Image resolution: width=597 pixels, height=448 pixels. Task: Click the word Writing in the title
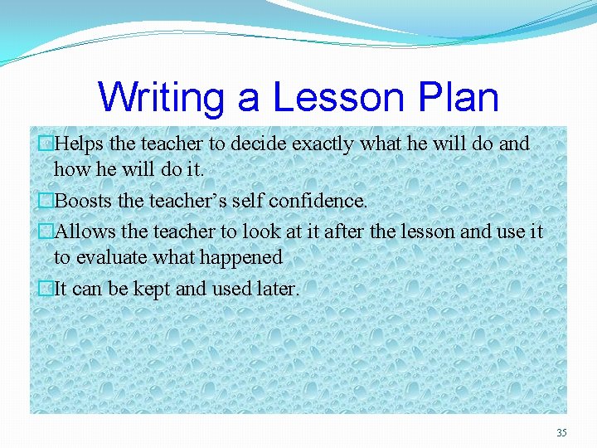(x=161, y=97)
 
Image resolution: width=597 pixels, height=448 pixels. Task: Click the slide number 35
(x=561, y=432)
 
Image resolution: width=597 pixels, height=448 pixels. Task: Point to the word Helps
(x=80, y=144)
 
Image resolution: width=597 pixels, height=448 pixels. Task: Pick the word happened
(x=243, y=258)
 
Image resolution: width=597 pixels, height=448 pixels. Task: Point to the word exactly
(x=321, y=144)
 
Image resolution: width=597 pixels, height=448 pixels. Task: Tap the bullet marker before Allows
(x=46, y=231)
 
